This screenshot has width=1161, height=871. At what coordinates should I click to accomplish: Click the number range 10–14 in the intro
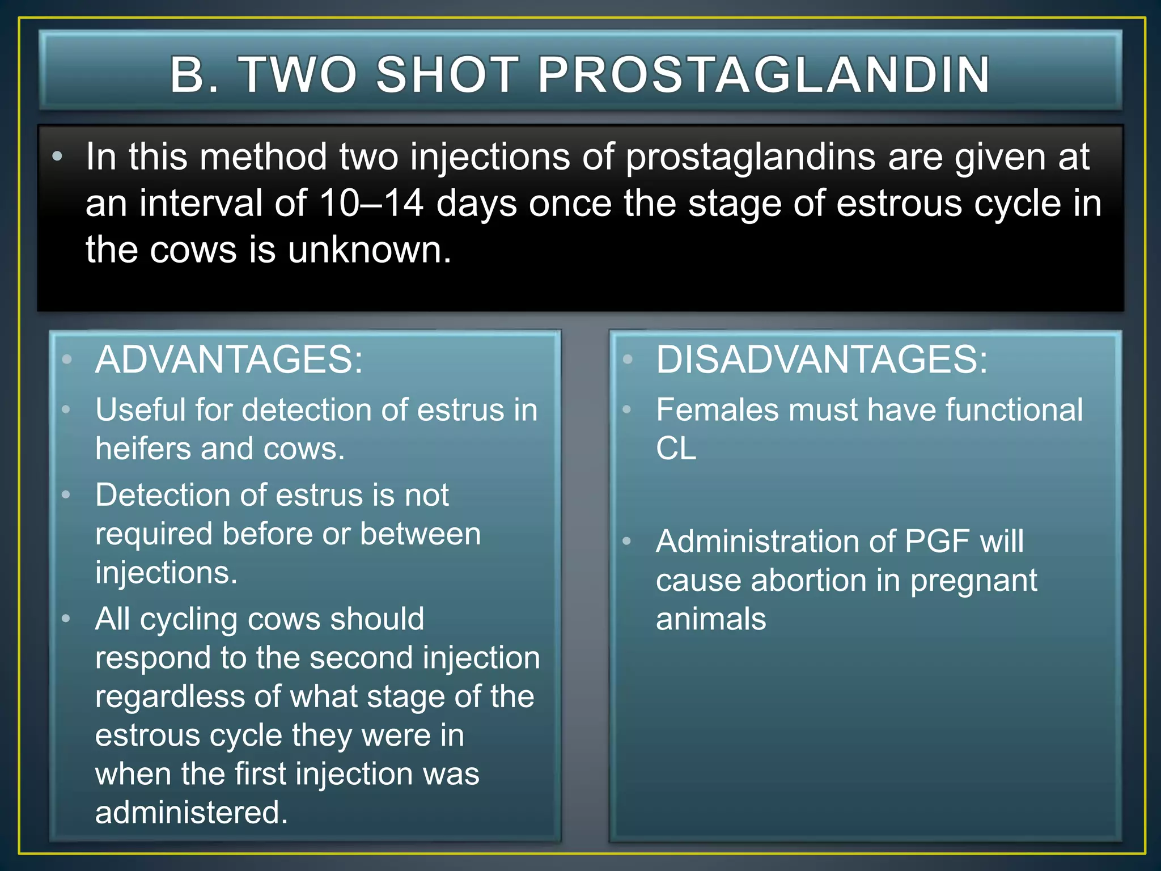[371, 203]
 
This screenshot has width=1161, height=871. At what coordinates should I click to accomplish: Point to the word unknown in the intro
[369, 250]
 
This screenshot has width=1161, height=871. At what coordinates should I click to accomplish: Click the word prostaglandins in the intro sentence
[750, 157]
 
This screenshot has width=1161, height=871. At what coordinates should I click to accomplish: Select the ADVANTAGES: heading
[228, 360]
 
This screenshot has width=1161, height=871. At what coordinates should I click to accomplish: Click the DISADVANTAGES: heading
[821, 360]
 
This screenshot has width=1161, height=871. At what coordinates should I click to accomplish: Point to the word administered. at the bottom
[192, 812]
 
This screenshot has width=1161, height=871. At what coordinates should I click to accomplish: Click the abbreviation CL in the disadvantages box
[676, 449]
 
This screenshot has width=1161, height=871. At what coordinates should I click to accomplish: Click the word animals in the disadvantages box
[710, 619]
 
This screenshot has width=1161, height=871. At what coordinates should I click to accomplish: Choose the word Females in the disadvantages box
[717, 409]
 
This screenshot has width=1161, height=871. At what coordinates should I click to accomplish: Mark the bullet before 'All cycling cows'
[66, 619]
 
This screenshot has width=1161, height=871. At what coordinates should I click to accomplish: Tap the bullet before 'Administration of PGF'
[626, 541]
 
